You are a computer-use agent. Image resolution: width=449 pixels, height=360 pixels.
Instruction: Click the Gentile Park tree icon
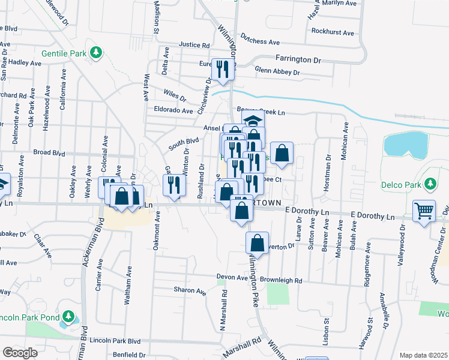[x=95, y=53]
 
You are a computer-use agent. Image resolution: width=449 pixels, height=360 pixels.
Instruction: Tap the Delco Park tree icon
[x=430, y=184]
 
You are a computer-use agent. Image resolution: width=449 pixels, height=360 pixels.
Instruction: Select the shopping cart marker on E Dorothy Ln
[x=424, y=211]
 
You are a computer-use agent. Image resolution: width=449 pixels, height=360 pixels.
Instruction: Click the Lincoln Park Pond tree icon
[x=69, y=316]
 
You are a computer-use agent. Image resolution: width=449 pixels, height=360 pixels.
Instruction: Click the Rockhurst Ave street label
[x=331, y=31]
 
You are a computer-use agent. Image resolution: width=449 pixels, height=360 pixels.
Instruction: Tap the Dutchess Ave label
[x=261, y=42]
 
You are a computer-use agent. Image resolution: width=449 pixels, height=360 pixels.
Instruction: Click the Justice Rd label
[x=194, y=45]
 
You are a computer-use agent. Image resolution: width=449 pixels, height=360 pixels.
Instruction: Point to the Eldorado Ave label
[x=173, y=110]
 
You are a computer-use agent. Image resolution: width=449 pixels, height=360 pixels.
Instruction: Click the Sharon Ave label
[x=190, y=290]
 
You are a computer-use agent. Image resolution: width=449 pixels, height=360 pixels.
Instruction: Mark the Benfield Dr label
[x=125, y=355]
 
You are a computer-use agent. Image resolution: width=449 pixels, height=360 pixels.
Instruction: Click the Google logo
[x=20, y=353]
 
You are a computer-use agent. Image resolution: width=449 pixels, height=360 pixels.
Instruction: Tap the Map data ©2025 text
[x=423, y=355]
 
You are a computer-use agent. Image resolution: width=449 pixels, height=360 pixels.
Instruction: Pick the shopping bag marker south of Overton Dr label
[x=257, y=243]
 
